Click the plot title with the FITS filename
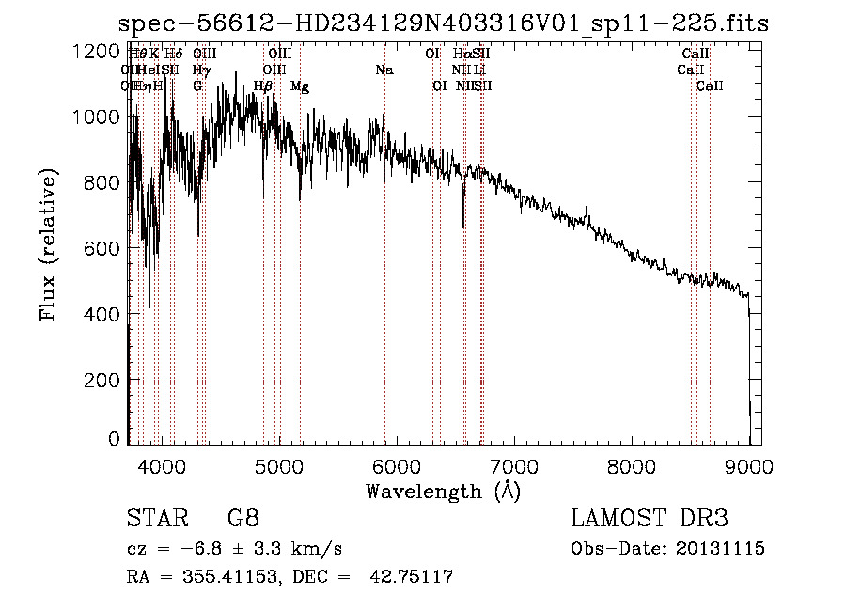coord(444,24)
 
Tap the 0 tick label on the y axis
coord(115,439)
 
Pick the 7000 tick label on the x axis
coord(513,465)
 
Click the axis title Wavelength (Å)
coord(443,490)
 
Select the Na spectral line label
coord(384,70)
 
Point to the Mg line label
coord(300,86)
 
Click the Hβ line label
coord(263,86)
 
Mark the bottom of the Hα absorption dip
coord(462,226)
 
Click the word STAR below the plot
coord(156,519)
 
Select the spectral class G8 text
coord(243,519)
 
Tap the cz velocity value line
coord(234,549)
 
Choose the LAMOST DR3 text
coord(649,519)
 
